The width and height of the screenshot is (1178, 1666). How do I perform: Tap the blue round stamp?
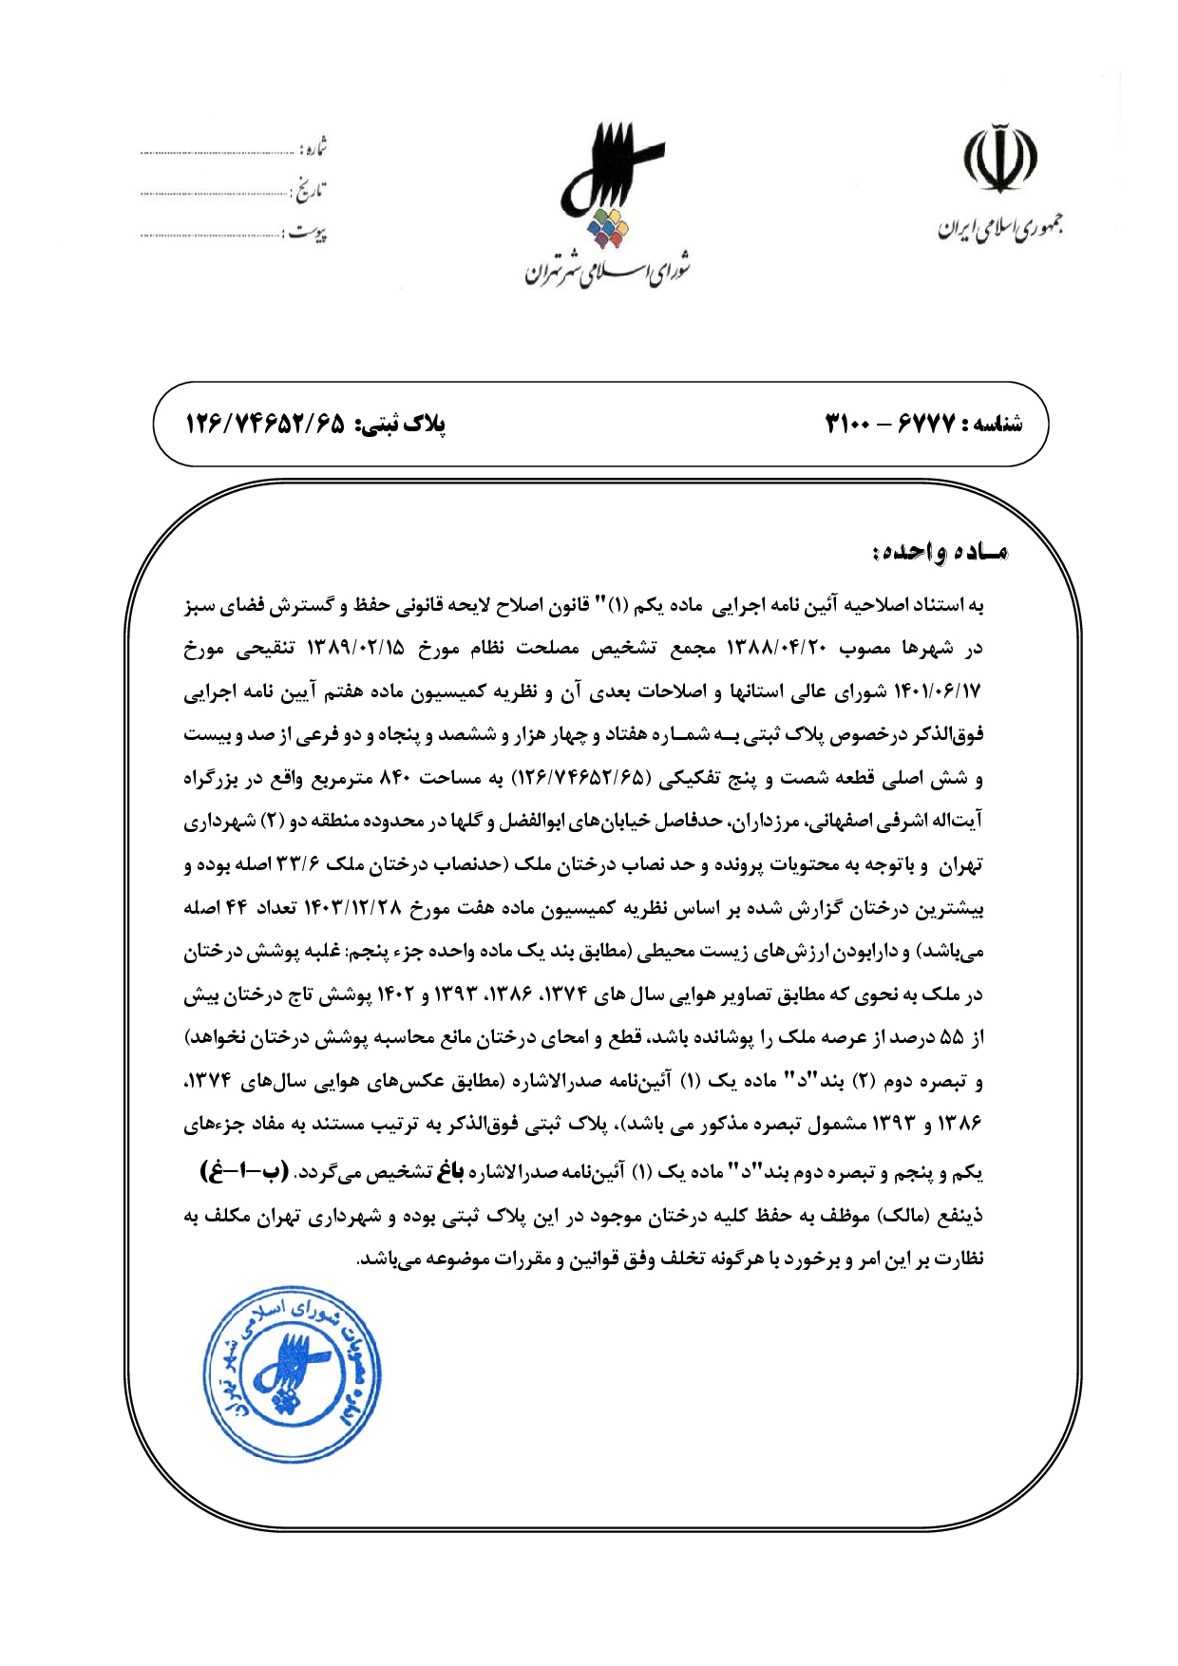tap(293, 1373)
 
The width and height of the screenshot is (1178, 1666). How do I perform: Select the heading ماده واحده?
tap(939, 552)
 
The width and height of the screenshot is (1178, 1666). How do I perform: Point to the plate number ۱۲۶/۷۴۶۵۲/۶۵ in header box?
tap(265, 424)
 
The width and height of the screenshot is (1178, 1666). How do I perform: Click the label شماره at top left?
tap(314, 149)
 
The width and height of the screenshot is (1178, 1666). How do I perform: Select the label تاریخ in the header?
tap(310, 190)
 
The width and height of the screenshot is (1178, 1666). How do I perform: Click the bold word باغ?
tap(449, 1172)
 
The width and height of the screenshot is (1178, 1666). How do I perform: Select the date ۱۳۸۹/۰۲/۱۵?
tap(355, 649)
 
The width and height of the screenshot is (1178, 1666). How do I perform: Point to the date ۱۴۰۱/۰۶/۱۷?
tap(934, 692)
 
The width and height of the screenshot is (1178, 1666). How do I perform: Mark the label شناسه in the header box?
tap(994, 425)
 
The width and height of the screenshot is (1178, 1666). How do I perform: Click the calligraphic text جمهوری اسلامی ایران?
tap(1000, 228)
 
